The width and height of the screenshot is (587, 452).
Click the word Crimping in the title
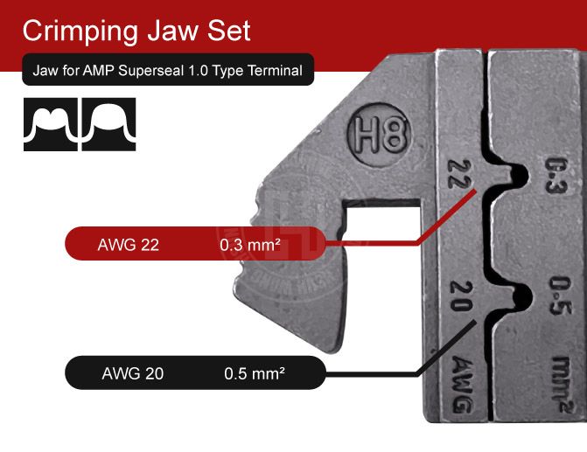tap(80, 31)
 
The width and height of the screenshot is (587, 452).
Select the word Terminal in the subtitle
tap(273, 71)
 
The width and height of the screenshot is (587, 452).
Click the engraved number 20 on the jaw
tap(461, 294)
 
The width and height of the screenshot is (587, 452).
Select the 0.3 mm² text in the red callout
tap(250, 246)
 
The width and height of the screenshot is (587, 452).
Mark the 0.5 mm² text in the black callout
tap(255, 374)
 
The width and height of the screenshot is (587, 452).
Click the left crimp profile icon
tap(49, 125)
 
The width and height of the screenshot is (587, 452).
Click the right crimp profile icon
tap(109, 125)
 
